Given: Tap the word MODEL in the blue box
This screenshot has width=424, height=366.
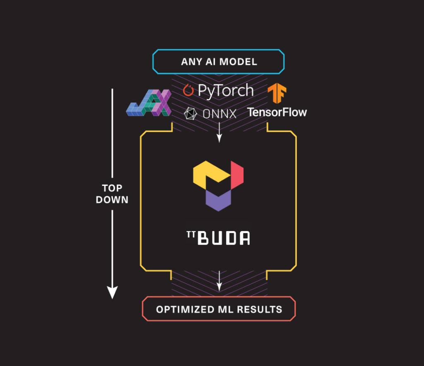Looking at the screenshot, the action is [238, 62].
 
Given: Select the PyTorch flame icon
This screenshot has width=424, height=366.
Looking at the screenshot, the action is [188, 90].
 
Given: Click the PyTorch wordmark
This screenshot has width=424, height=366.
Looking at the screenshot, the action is [226, 90].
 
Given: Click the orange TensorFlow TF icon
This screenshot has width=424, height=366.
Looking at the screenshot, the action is [277, 93].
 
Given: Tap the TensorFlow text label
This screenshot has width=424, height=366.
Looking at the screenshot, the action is [277, 112].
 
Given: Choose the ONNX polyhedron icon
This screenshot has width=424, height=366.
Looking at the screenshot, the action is [190, 113].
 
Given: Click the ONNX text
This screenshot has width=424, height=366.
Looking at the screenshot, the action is [219, 114].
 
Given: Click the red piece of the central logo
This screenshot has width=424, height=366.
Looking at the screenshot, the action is [237, 175].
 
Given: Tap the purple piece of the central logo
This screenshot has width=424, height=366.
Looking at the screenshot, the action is [218, 200].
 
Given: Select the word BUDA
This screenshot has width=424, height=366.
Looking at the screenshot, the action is [224, 238].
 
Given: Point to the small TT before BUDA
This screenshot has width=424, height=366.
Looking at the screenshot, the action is [191, 234].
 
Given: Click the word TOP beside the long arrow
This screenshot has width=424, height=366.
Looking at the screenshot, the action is [112, 188].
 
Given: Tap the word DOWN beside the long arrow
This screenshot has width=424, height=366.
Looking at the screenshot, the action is [112, 200].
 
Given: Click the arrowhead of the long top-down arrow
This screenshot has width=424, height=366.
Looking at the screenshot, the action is [112, 292].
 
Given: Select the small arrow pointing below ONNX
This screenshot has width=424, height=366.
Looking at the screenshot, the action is [219, 132].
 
